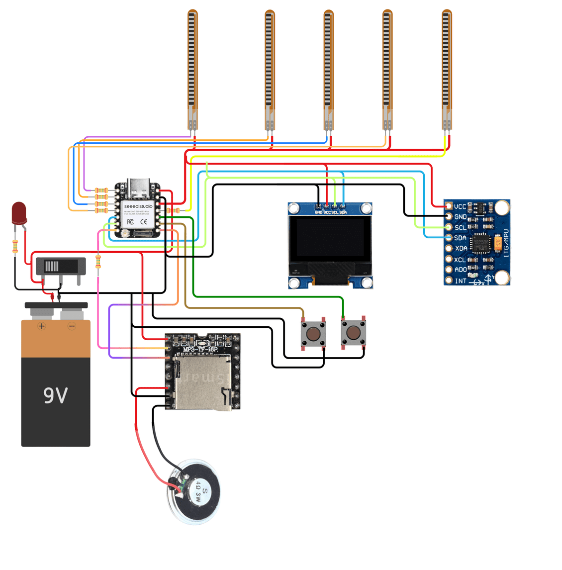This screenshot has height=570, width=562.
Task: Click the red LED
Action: [19, 212]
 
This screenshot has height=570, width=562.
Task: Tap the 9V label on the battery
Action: [55, 395]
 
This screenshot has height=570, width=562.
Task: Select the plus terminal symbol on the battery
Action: [42, 326]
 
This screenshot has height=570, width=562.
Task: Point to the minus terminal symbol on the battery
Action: [72, 326]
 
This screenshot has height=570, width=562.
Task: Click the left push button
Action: [313, 333]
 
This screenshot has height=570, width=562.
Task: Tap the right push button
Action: [353, 333]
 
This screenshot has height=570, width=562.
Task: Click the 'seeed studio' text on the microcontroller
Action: [138, 206]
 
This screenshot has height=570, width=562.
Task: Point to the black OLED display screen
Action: [330, 240]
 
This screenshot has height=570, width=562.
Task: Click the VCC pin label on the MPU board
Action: [460, 206]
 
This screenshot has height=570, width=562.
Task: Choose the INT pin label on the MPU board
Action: [461, 281]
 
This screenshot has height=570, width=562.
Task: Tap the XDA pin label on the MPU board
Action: [461, 248]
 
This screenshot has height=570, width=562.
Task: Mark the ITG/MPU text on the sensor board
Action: [506, 243]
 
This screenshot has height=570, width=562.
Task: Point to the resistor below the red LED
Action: [15, 246]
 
